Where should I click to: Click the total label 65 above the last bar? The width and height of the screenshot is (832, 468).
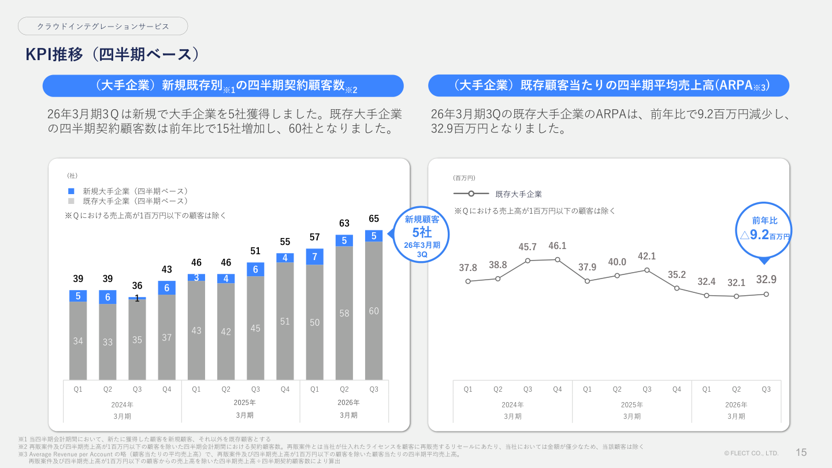pos(374,219)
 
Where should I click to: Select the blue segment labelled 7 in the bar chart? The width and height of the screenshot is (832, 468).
pos(314,257)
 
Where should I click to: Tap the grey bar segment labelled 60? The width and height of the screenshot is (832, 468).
pos(374,311)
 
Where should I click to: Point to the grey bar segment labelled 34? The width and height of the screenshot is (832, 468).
pos(78,341)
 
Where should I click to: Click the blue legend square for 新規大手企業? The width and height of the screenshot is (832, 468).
pos(71,191)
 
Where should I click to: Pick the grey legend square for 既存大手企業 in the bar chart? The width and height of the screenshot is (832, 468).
pos(71,201)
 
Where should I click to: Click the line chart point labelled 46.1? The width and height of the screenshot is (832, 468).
pos(558,259)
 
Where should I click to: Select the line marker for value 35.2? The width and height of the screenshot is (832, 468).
pos(677,288)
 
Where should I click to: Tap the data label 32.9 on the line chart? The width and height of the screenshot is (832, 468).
pos(766,280)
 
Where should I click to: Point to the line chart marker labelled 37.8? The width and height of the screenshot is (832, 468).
pos(468,281)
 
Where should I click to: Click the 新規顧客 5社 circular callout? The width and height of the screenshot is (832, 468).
pos(422,234)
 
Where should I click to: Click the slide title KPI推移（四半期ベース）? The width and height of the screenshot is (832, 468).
pos(113,54)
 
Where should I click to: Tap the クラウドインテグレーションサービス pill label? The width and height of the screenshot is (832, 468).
pos(103,27)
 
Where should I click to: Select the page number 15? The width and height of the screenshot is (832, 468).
pos(801,452)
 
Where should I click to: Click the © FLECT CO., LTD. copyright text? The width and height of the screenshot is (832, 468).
pos(751,454)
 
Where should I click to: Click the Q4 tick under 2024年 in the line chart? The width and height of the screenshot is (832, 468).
pos(558,389)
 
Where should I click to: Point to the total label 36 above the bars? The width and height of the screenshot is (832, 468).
pos(137,286)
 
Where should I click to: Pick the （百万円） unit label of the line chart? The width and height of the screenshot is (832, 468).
pos(464,178)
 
